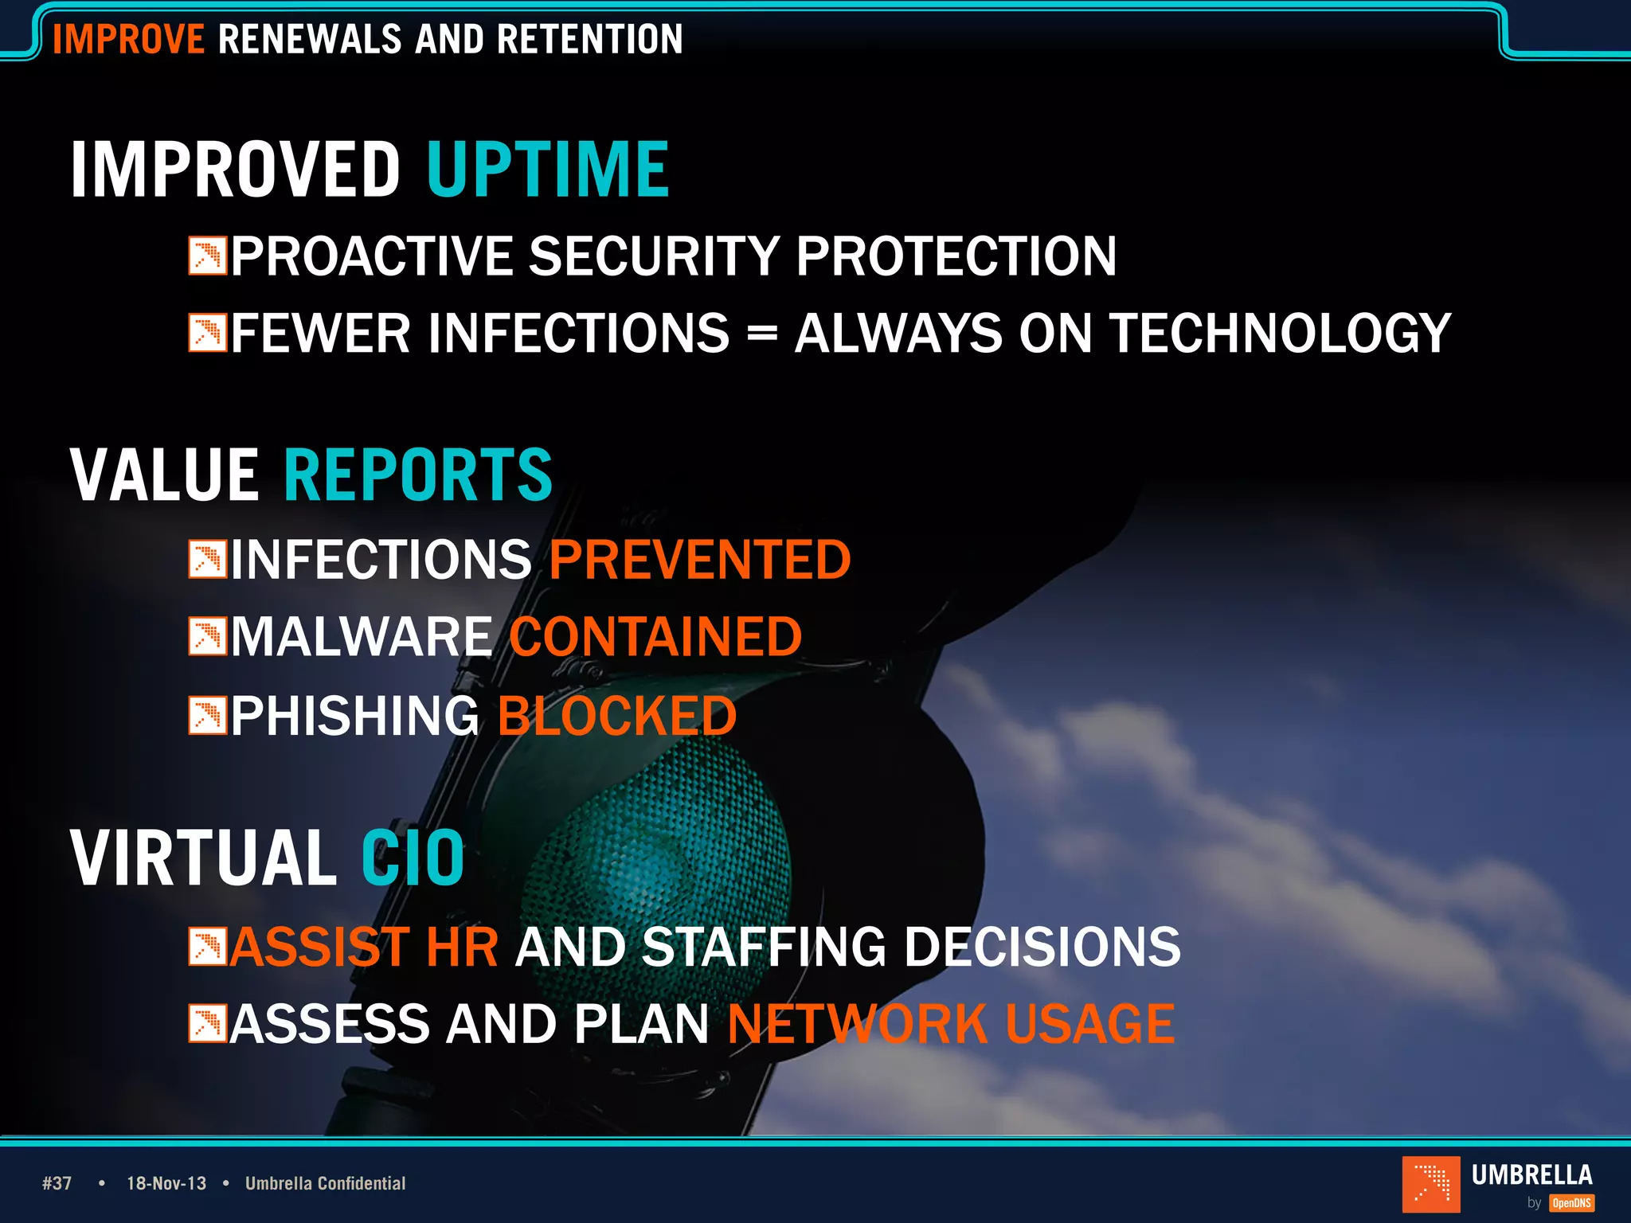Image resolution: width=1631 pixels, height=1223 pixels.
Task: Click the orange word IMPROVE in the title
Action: coord(128,39)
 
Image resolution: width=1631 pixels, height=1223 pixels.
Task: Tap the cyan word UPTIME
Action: coord(548,169)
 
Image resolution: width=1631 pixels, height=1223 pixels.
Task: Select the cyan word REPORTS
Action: coord(418,475)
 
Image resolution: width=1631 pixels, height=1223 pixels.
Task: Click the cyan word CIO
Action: coord(413,858)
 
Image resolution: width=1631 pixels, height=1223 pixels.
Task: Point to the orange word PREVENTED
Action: coord(700,560)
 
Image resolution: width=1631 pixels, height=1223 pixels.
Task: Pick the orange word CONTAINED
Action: coord(655,637)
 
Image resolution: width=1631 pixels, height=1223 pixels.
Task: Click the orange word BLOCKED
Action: coord(617,716)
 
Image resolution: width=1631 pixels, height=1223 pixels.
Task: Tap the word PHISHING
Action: coord(355,716)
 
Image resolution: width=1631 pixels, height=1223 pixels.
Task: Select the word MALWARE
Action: coord(362,637)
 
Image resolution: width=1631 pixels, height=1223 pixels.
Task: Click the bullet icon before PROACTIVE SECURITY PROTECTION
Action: coord(208,256)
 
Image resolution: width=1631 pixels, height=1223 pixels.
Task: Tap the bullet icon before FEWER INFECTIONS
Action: coord(208,333)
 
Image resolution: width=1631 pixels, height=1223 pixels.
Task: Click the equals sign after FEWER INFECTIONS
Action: coord(762,334)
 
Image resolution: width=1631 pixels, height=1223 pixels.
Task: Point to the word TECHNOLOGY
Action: coord(1281,333)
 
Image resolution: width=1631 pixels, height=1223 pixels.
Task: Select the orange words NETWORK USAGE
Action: coord(951,1024)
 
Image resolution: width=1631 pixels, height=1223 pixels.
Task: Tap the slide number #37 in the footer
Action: coord(57,1183)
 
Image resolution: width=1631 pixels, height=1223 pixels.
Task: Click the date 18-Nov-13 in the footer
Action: coord(166,1183)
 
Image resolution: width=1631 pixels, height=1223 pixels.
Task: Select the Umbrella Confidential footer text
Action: coord(325,1183)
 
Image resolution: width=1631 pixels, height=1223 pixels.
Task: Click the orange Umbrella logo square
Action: coord(1431,1184)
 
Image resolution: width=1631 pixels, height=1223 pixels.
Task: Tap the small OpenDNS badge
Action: coord(1571,1203)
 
